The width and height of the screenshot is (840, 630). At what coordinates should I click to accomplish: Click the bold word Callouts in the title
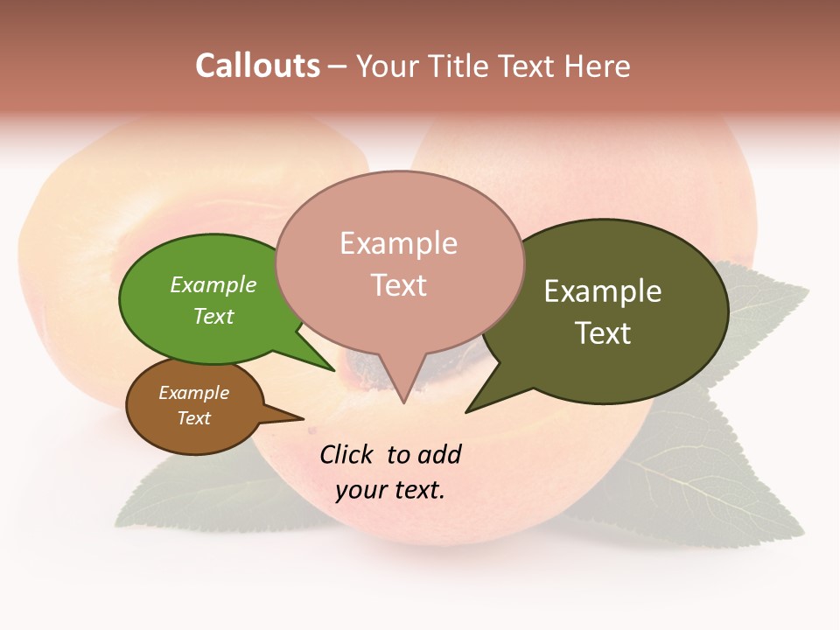(257, 66)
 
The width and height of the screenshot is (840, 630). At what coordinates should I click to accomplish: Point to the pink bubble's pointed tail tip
(403, 402)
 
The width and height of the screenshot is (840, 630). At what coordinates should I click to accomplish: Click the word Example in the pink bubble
(398, 243)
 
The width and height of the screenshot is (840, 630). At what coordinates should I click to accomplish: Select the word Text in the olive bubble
(603, 333)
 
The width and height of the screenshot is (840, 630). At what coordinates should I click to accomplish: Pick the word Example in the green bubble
(213, 284)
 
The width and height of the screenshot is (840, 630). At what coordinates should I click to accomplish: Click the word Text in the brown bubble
(194, 418)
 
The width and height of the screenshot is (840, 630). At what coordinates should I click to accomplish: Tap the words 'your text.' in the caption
(390, 490)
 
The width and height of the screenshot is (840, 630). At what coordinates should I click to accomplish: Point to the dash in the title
(338, 66)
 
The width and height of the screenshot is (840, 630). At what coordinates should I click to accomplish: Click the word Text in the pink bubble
(399, 285)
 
